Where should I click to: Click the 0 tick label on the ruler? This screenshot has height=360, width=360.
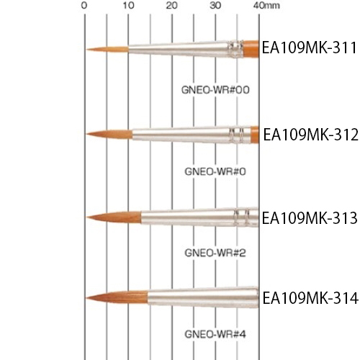(84, 5)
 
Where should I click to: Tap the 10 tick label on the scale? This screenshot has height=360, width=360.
(128, 5)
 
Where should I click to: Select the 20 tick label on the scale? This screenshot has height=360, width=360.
(172, 5)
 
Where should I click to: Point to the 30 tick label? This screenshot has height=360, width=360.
(215, 5)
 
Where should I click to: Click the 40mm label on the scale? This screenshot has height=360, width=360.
(266, 5)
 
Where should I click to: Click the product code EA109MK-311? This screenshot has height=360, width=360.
(310, 48)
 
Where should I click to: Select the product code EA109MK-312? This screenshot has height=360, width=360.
(311, 135)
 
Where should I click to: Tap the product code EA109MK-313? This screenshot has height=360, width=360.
(310, 218)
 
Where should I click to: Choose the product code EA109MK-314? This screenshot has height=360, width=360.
(310, 298)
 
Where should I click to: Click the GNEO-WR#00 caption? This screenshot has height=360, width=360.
(215, 90)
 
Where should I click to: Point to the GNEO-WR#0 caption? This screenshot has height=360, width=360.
(215, 171)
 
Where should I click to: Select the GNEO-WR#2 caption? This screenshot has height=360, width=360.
(215, 253)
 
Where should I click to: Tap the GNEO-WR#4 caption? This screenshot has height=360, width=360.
(215, 334)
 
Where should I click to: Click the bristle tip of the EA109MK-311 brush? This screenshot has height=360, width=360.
(87, 50)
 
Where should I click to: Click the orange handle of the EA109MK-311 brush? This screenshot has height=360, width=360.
(251, 49)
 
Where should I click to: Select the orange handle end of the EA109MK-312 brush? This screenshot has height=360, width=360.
(255, 135)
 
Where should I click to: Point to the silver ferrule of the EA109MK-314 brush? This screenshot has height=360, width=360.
(203, 297)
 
